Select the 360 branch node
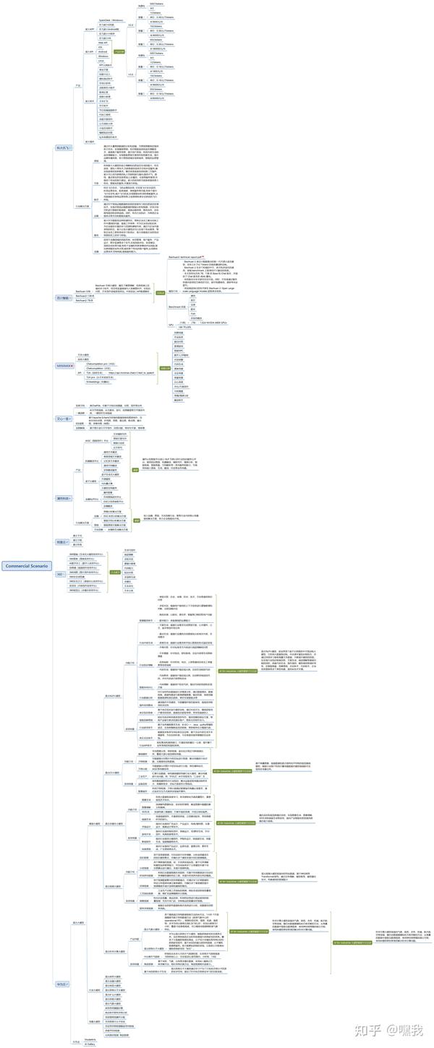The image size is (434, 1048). pos(60,573)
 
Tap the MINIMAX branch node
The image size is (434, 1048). pos(65,366)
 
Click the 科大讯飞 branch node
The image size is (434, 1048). pos(64,147)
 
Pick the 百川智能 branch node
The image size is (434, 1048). pos(64,297)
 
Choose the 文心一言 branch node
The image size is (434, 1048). pos(64,418)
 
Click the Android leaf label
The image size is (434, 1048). pos(103,52)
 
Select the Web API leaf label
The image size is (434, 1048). pos(103,43)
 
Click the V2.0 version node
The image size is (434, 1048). pos(130,25)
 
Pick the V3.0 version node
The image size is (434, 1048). pos(130,74)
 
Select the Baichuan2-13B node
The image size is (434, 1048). pos(85,296)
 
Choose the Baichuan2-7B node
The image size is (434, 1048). pos(85,301)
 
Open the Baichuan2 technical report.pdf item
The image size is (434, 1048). pos(187,257)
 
